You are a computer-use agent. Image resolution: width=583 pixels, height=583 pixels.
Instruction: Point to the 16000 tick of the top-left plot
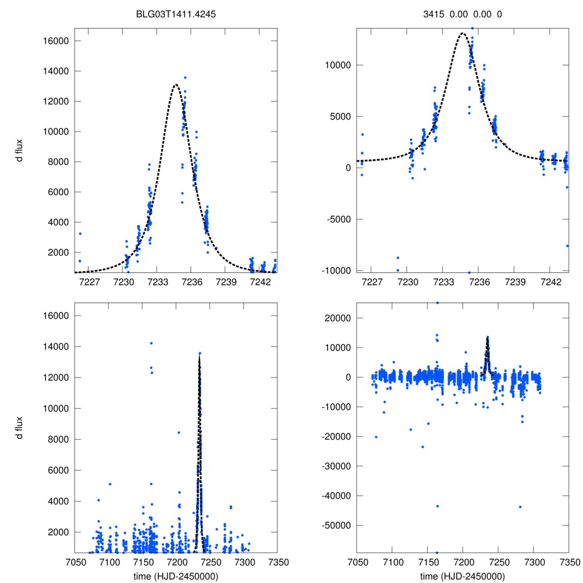56,41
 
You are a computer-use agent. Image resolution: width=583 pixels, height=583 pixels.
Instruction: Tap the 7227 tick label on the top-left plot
89,282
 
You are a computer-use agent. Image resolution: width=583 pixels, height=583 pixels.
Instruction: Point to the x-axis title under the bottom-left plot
175,576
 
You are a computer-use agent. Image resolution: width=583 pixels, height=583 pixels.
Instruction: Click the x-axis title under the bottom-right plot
462,576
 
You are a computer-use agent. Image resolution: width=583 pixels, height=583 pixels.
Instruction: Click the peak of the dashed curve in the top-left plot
175,85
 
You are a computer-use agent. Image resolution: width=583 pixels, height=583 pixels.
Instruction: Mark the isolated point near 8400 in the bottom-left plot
179,432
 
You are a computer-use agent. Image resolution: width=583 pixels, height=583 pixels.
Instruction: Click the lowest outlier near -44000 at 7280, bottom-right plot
520,507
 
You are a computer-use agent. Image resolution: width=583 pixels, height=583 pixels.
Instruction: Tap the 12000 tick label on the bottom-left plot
56,377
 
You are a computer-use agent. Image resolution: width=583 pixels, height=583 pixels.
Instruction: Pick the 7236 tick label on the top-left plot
191,282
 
